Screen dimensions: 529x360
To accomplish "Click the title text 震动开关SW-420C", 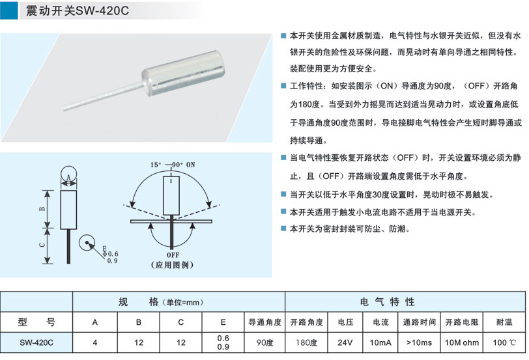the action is [x=78, y=10].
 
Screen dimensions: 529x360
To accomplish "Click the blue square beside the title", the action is [x=8, y=10].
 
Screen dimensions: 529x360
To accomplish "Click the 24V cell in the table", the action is [x=345, y=342].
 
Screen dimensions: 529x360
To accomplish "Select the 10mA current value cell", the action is [x=380, y=342].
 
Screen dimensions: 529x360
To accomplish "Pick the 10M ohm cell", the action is [x=461, y=342].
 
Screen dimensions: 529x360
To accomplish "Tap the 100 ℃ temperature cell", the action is [x=504, y=342].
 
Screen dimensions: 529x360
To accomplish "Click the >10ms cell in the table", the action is [x=420, y=342].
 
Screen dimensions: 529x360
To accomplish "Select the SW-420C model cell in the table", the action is [x=36, y=342].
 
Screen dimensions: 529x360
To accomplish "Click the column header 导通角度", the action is [x=265, y=322].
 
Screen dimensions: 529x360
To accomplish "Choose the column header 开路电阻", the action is [x=461, y=322].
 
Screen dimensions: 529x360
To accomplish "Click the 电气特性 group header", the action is [x=387, y=301].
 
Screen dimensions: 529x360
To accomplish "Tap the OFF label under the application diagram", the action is [x=173, y=255].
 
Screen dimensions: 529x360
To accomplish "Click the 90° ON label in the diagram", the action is [x=184, y=165].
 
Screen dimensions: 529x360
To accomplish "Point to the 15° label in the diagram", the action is [x=156, y=165].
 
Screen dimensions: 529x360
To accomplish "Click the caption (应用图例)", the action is [x=173, y=264].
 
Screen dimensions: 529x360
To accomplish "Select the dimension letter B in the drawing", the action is [x=42, y=209].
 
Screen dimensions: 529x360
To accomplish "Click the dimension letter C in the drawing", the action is [x=42, y=245].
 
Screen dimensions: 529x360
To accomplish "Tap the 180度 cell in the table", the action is [x=307, y=342].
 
